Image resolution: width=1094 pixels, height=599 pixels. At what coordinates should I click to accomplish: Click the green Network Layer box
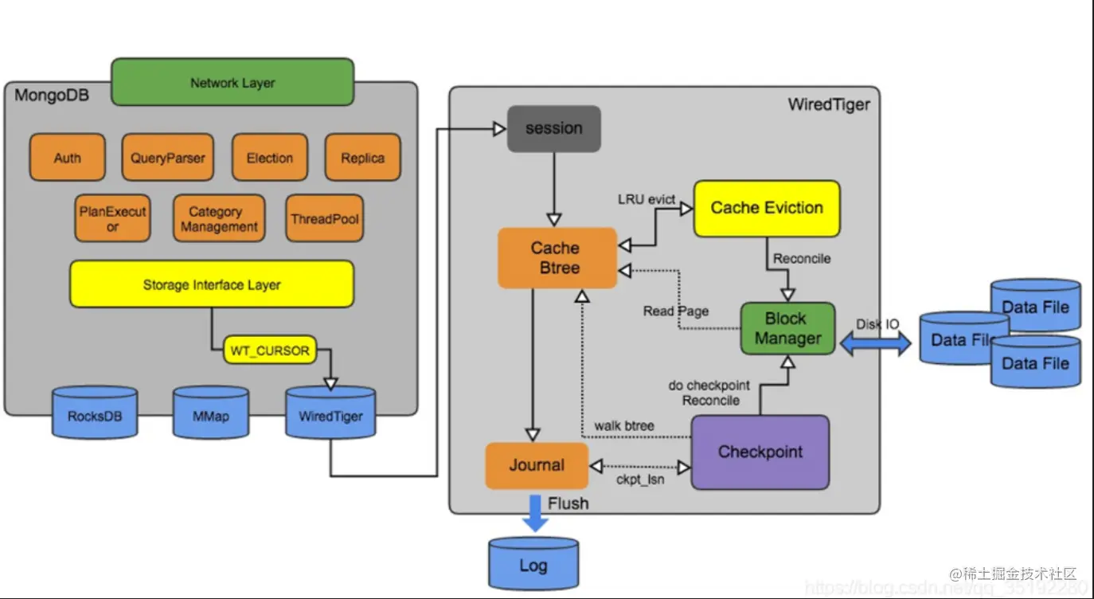232,82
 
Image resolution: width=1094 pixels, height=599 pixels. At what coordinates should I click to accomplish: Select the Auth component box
68,158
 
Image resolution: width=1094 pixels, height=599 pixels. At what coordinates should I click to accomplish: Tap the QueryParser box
168,158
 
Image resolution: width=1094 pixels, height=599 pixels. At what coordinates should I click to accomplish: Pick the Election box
269,158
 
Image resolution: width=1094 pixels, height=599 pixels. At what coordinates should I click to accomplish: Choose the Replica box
362,158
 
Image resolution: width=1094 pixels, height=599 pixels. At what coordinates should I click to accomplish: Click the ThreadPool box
325,218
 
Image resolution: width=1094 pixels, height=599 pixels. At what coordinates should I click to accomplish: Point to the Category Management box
218,219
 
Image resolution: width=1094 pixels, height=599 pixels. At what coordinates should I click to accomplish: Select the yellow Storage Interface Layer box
211,284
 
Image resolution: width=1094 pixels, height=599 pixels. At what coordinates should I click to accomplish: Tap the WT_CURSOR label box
269,350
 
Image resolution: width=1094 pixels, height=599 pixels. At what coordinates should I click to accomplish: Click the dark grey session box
554,128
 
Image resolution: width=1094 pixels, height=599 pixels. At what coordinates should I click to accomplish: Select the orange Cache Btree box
557,258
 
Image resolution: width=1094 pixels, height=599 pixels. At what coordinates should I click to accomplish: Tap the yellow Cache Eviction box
766,209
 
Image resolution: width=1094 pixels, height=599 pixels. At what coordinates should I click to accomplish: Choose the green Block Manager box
787,328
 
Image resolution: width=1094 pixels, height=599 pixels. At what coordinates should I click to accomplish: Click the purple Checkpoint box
760,452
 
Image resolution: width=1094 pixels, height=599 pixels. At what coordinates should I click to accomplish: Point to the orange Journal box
537,465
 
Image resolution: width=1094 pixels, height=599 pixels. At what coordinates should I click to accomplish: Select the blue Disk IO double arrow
876,343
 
